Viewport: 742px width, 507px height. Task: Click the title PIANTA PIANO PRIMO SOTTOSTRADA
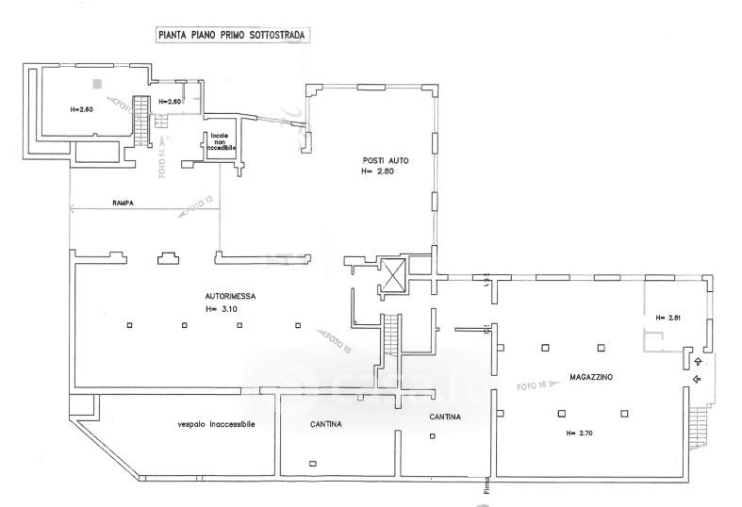232,36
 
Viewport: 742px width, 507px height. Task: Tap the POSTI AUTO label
385,159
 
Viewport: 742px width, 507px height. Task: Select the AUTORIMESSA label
230,296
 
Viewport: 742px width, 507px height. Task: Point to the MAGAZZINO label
591,376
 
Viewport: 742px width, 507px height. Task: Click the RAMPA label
122,202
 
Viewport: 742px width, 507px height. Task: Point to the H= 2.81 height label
667,318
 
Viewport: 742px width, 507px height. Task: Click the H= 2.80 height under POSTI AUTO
381,172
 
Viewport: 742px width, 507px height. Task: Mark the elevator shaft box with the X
391,275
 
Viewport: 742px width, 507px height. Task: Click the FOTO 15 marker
335,340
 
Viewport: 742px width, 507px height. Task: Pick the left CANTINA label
325,425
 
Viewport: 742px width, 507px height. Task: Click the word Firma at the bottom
487,484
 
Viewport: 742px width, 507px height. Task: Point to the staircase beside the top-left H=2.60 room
141,122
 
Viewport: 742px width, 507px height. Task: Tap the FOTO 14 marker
162,161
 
